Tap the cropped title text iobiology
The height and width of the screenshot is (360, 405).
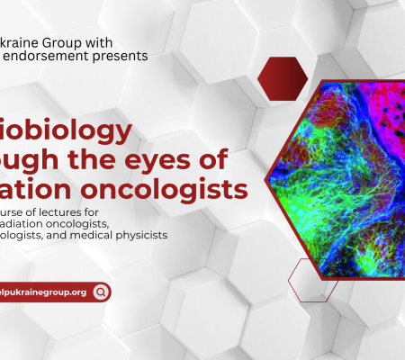pyautogui.click(x=66, y=131)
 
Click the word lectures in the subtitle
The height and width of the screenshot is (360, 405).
pyautogui.click(x=85, y=211)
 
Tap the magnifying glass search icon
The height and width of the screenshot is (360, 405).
pyautogui.click(x=101, y=266)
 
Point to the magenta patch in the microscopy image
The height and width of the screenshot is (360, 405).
pyautogui.click(x=373, y=112)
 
